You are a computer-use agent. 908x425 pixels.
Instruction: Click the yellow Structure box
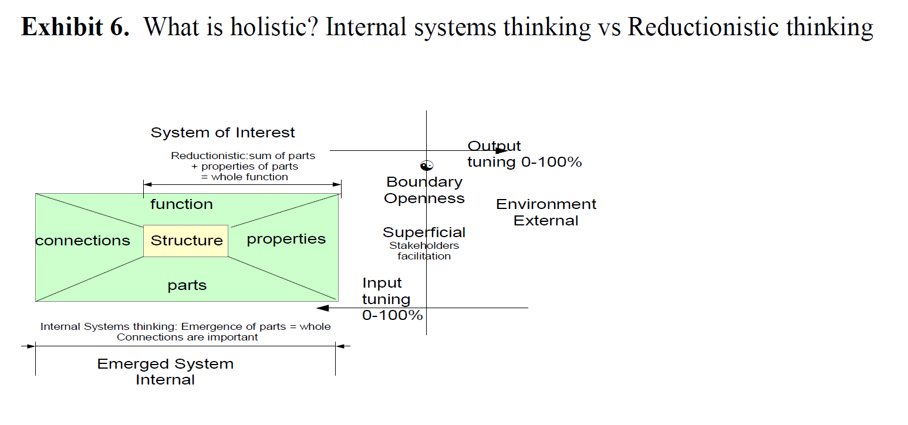185,241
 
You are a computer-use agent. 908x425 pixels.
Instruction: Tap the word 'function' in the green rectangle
181,204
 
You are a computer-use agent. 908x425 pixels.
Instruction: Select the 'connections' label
83,241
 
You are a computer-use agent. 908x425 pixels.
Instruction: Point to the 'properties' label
286,240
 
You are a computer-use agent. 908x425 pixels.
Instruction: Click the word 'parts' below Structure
187,285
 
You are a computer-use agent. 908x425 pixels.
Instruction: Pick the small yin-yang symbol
427,166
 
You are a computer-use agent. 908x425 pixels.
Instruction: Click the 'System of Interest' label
222,133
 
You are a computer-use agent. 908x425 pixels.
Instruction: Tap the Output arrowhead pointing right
501,150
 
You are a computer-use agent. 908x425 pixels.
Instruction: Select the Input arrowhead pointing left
323,308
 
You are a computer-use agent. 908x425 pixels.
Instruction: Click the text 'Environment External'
546,212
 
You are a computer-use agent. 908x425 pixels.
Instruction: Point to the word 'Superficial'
424,232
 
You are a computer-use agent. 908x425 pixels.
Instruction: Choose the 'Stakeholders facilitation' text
424,251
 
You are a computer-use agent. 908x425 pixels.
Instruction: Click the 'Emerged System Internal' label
166,372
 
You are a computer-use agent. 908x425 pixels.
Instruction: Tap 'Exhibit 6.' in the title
75,27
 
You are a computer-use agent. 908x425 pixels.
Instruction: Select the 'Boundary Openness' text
424,190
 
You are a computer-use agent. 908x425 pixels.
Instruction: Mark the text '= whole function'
244,177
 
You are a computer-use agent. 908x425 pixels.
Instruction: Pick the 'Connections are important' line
187,338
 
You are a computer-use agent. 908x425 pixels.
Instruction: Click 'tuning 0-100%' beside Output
525,162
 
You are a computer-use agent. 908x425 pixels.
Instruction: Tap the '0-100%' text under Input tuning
393,315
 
